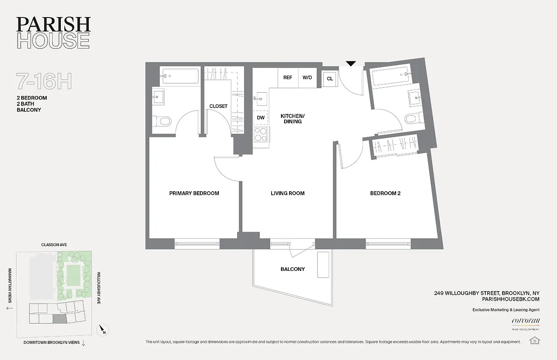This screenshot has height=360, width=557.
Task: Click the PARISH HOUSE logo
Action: pyautogui.click(x=53, y=32)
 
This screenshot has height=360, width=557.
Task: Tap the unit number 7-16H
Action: pyautogui.click(x=44, y=81)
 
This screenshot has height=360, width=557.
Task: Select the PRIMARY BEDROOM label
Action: pyautogui.click(x=194, y=193)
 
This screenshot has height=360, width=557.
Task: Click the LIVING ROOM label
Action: pyautogui.click(x=287, y=193)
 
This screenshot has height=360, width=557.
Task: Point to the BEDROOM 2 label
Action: pyautogui.click(x=385, y=193)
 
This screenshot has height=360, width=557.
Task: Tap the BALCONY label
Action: pyautogui.click(x=293, y=269)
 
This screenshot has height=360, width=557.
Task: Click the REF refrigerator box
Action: pyautogui.click(x=287, y=77)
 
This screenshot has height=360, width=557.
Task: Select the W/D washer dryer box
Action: pyautogui.click(x=307, y=77)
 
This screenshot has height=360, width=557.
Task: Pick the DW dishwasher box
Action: pyautogui.click(x=260, y=117)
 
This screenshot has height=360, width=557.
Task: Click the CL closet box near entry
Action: pyautogui.click(x=330, y=78)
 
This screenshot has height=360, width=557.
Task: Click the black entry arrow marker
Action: pyautogui.click(x=351, y=64)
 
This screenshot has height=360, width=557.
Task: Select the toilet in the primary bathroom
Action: pyautogui.click(x=163, y=121)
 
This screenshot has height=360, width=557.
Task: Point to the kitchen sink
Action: pyautogui.click(x=261, y=97)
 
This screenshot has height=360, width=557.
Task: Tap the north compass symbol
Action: pyautogui.click(x=103, y=330)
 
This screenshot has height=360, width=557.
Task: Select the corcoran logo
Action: pyautogui.click(x=525, y=321)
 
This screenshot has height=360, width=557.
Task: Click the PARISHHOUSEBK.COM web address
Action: pyautogui.click(x=510, y=299)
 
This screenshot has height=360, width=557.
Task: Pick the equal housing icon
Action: pyautogui.click(x=535, y=340)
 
